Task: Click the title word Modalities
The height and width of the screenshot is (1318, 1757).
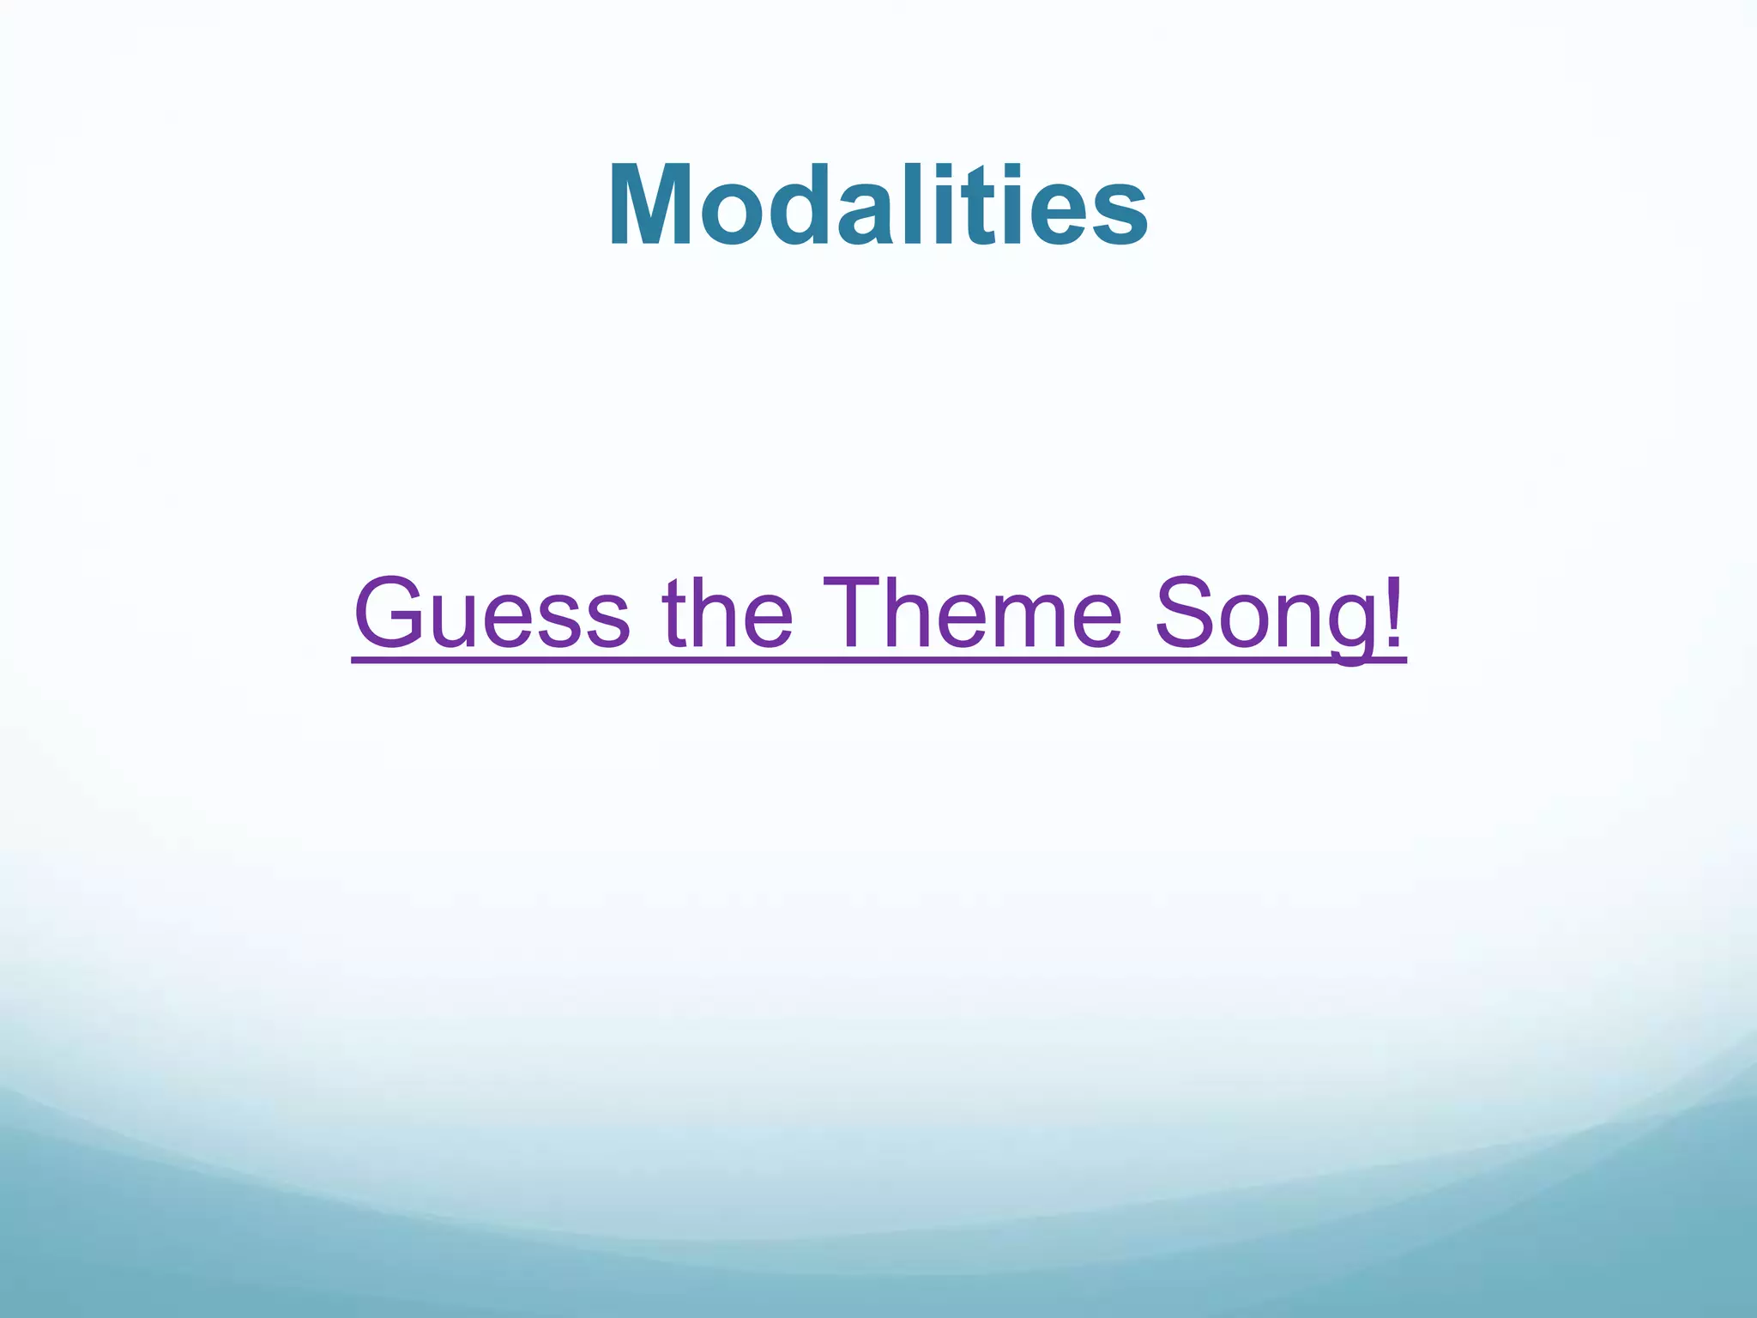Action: [878, 206]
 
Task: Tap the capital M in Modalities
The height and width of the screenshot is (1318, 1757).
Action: [652, 206]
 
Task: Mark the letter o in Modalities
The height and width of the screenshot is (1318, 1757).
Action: [727, 215]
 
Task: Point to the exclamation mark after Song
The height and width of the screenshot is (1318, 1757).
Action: [1394, 611]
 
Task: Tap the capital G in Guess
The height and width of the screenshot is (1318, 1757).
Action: [389, 613]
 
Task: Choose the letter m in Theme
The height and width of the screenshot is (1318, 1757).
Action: [1018, 622]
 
